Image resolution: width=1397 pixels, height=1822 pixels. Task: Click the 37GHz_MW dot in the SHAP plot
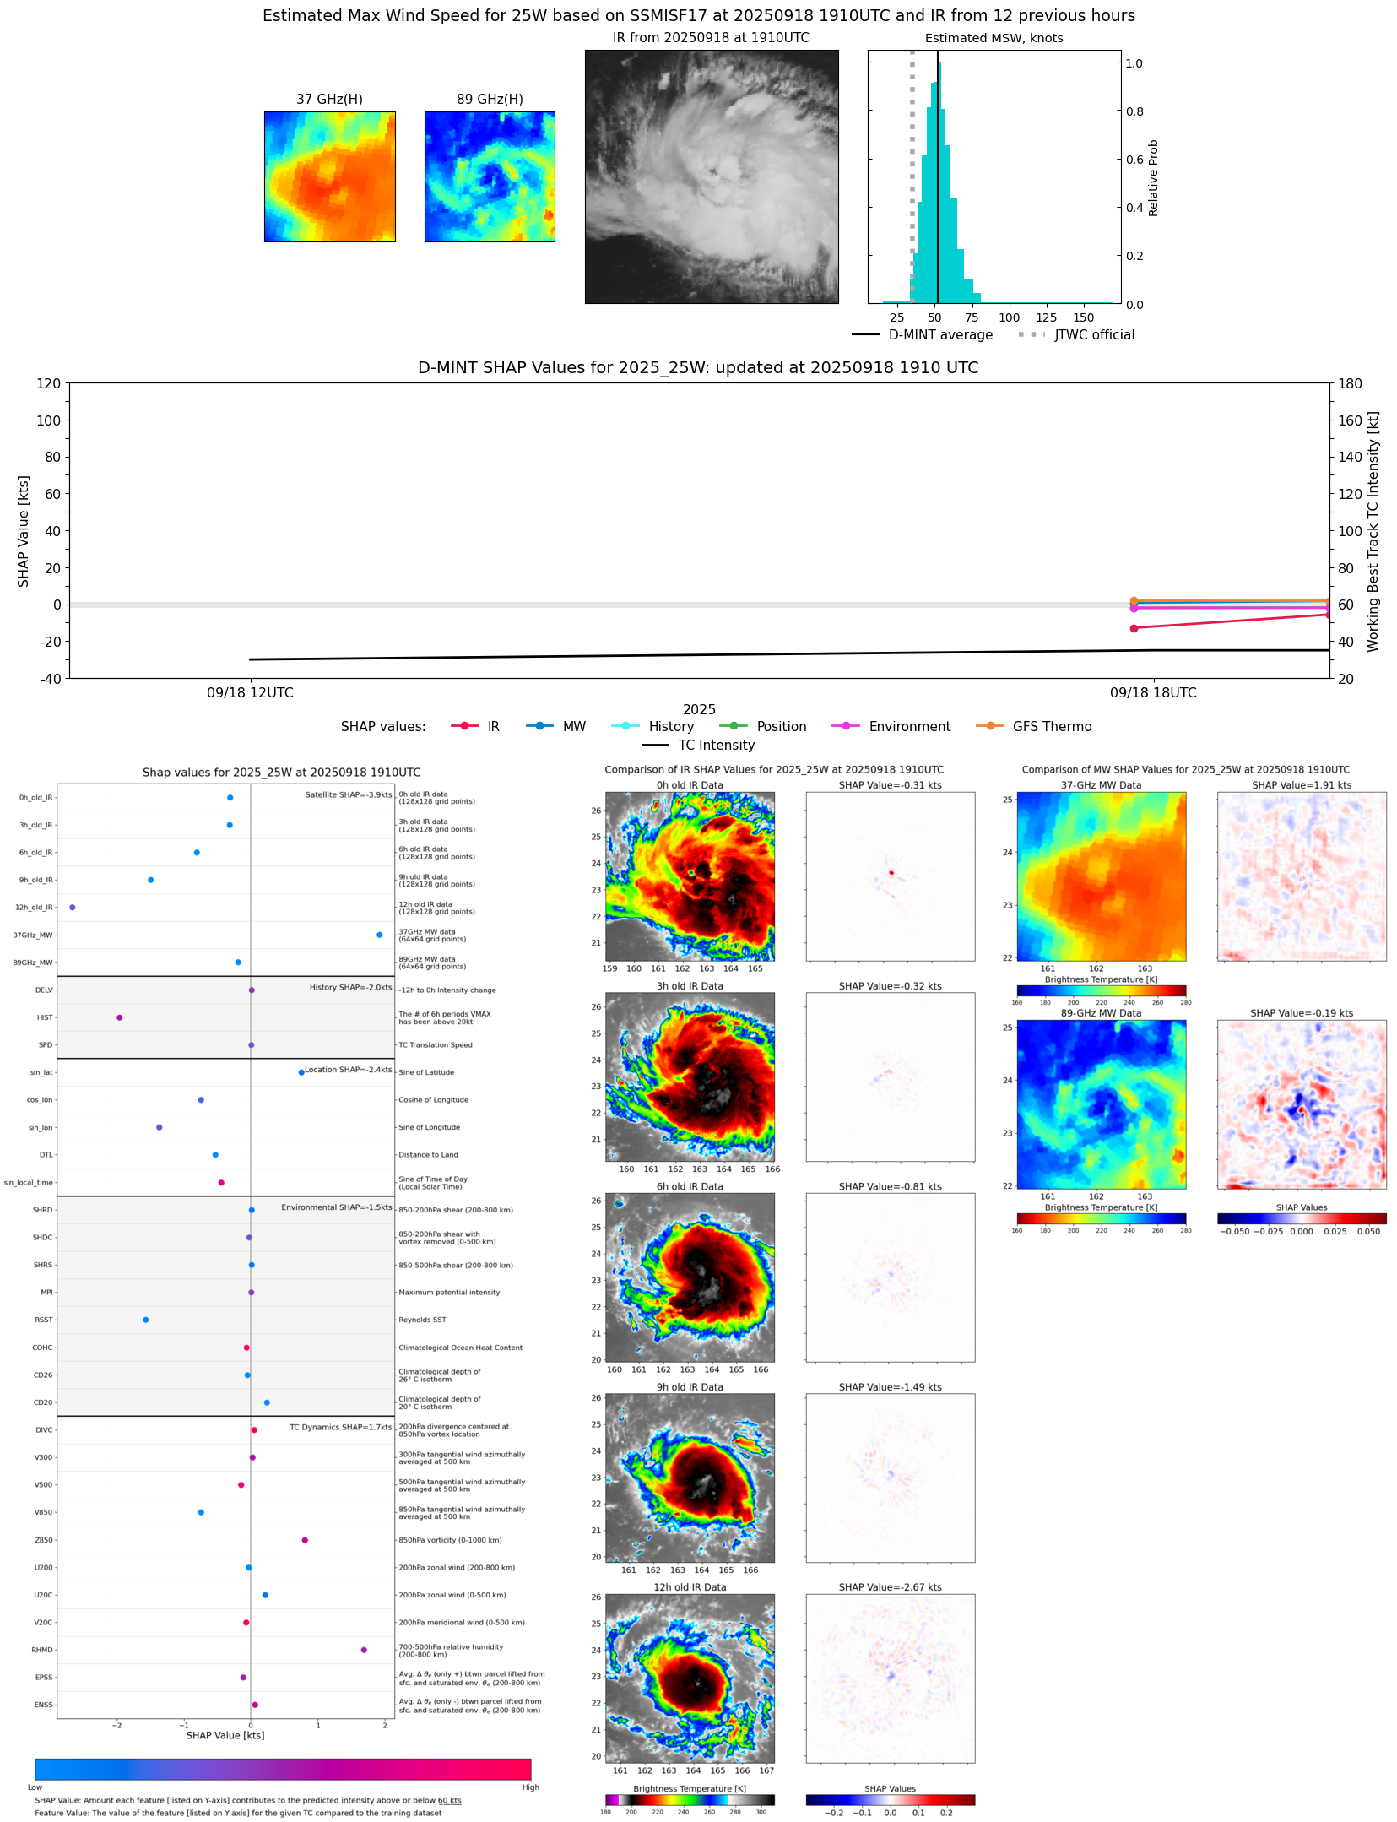pyautogui.click(x=379, y=935)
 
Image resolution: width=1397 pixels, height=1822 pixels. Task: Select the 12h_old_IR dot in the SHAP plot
pyautogui.click(x=73, y=908)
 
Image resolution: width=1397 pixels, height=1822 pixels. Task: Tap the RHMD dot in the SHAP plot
pyautogui.click(x=364, y=1650)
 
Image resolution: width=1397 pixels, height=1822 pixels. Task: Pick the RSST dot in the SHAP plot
pyautogui.click(x=146, y=1320)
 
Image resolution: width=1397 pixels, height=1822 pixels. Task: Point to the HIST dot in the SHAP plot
pyautogui.click(x=120, y=1017)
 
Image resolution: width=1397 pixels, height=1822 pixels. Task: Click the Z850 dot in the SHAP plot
pyautogui.click(x=305, y=1540)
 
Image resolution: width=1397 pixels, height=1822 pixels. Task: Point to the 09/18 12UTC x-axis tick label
pyautogui.click(x=251, y=693)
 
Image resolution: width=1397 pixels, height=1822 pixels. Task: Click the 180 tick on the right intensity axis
pyautogui.click(x=1350, y=384)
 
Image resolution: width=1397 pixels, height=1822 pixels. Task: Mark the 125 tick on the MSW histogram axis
pyautogui.click(x=1046, y=318)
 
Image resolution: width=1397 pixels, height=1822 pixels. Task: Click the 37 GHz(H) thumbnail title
pyautogui.click(x=329, y=100)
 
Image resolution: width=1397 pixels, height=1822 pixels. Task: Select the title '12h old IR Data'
pyautogui.click(x=690, y=1587)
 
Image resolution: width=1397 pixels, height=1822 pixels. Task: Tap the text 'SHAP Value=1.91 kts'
pyautogui.click(x=1301, y=785)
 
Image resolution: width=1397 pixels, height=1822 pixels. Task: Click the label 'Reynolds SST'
pyautogui.click(x=422, y=1320)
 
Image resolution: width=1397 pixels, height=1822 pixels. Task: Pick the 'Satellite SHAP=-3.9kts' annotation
pyautogui.click(x=348, y=794)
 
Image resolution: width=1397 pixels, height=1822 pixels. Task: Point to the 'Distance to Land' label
pyautogui.click(x=428, y=1155)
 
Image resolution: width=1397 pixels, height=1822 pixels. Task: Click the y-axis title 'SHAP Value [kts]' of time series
pyautogui.click(x=24, y=531)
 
